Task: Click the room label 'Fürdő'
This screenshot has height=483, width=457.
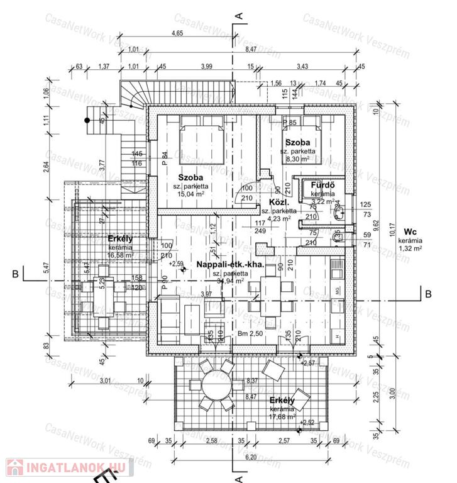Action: click(321, 186)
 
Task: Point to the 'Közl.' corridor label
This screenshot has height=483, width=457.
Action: click(278, 203)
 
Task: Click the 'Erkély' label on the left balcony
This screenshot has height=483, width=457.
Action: click(119, 239)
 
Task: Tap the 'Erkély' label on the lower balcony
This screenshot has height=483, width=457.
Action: click(282, 401)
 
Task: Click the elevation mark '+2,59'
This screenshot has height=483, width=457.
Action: click(177, 264)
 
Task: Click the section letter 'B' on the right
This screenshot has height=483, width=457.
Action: click(427, 293)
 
